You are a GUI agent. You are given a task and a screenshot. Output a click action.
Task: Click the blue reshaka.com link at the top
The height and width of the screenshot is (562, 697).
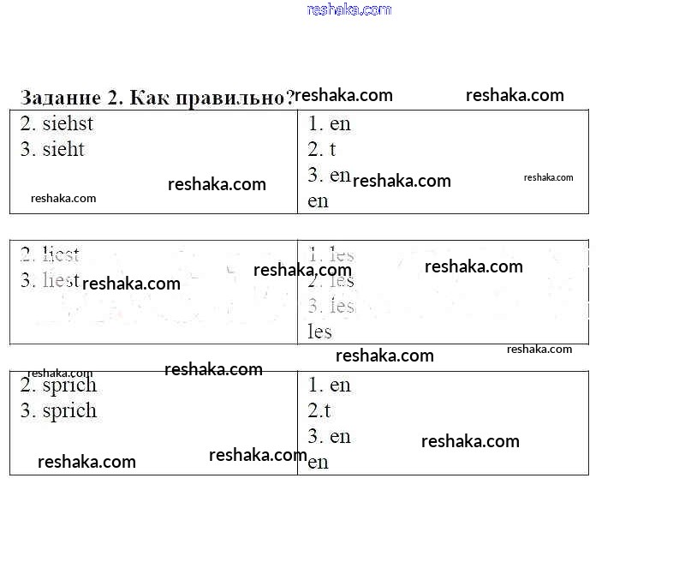click(348, 9)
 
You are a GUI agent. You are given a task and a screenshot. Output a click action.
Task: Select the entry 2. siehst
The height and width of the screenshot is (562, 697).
click(57, 123)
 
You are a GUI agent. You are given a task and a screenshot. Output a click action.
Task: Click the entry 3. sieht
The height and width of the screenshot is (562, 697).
click(53, 149)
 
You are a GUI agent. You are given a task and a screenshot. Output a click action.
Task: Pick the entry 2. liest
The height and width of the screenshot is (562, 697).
click(50, 254)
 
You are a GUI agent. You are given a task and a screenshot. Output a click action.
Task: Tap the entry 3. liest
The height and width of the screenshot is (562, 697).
click(50, 280)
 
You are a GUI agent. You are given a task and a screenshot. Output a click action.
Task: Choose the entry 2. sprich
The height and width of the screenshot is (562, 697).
click(58, 385)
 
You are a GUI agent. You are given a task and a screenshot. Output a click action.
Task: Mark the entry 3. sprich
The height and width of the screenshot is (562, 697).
click(58, 410)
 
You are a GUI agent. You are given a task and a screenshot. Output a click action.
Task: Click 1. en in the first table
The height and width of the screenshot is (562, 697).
click(330, 123)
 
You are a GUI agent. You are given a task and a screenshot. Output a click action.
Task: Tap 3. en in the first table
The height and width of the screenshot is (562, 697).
click(330, 175)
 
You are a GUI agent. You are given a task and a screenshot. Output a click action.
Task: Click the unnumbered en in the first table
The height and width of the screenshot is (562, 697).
click(318, 201)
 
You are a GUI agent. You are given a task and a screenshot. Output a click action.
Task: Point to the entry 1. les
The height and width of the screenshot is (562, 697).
click(331, 254)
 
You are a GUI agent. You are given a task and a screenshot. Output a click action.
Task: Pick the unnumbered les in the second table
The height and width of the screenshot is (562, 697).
click(319, 332)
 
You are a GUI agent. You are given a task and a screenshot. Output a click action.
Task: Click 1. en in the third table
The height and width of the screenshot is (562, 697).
click(330, 385)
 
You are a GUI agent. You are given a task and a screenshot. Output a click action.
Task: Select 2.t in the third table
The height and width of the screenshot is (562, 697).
click(319, 410)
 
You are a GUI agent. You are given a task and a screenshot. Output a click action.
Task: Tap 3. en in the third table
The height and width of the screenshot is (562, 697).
click(330, 436)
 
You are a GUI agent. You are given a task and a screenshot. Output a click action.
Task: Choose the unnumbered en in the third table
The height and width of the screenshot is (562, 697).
click(318, 463)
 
